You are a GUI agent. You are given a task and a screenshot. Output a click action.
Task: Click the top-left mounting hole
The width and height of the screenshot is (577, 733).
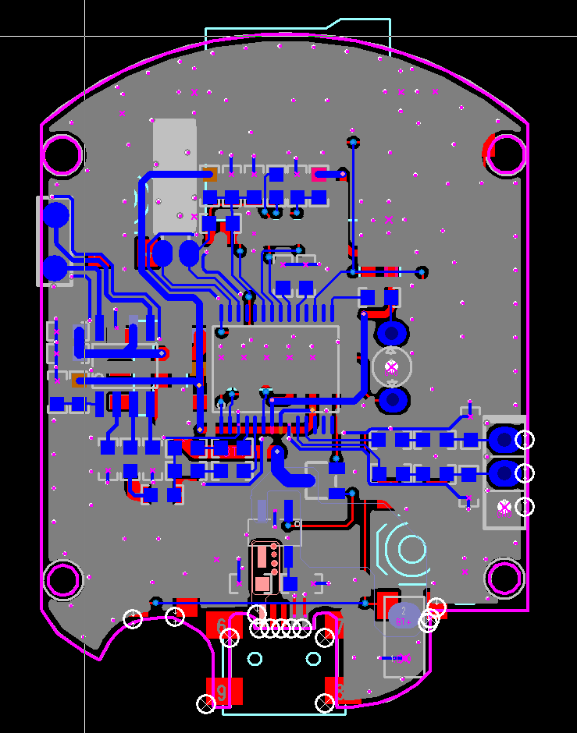click(62, 154)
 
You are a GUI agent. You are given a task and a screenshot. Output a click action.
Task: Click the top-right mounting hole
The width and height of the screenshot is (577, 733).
click(507, 154)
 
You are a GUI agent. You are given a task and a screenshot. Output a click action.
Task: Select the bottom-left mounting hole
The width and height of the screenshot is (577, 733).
click(62, 579)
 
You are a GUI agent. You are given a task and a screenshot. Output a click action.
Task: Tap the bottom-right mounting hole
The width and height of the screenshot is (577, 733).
click(504, 578)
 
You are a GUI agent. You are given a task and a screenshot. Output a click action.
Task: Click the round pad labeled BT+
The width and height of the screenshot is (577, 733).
click(404, 615)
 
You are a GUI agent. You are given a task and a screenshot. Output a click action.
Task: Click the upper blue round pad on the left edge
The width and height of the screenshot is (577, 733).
click(55, 215)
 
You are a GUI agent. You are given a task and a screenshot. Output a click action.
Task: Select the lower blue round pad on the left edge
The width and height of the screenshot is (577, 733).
click(55, 268)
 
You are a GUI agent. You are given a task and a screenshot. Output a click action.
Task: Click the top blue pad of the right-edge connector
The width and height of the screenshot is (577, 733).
click(504, 440)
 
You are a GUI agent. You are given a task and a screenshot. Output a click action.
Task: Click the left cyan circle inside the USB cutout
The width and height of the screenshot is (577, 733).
click(255, 659)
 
